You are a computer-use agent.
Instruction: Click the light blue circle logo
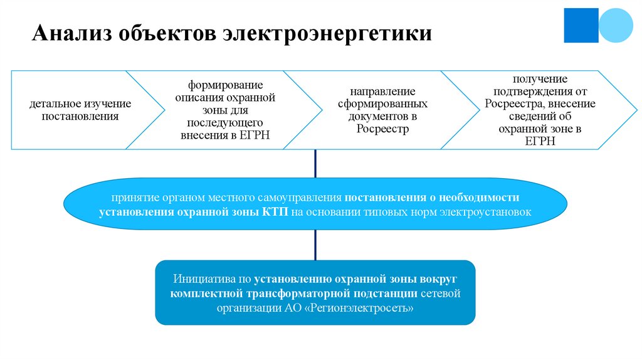pos(617,25)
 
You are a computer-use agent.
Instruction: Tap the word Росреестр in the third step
pos(382,129)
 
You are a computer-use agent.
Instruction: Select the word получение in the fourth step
pos(540,78)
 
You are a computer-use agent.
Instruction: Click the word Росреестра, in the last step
pos(512,104)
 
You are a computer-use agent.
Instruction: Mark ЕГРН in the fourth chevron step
pos(540,142)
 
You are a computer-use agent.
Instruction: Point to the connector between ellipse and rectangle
pos(315,245)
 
